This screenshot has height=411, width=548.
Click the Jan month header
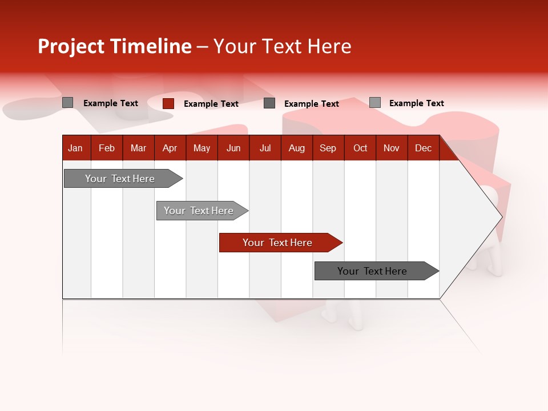[75, 148]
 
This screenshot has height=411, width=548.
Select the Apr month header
[170, 148]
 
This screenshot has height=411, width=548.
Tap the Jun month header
[233, 148]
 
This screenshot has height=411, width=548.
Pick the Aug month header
[296, 148]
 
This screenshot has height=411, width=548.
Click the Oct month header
[360, 148]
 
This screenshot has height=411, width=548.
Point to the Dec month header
[423, 148]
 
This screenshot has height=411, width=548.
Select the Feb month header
[107, 148]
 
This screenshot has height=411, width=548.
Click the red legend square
[168, 103]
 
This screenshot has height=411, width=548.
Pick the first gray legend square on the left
[68, 103]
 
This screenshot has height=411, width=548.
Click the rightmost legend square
[375, 103]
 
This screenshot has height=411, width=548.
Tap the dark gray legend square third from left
[269, 103]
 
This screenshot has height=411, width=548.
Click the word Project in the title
[71, 46]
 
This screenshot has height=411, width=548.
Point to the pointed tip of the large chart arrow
[501, 216]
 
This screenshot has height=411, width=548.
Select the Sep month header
[328, 148]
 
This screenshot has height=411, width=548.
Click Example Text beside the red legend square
[211, 104]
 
